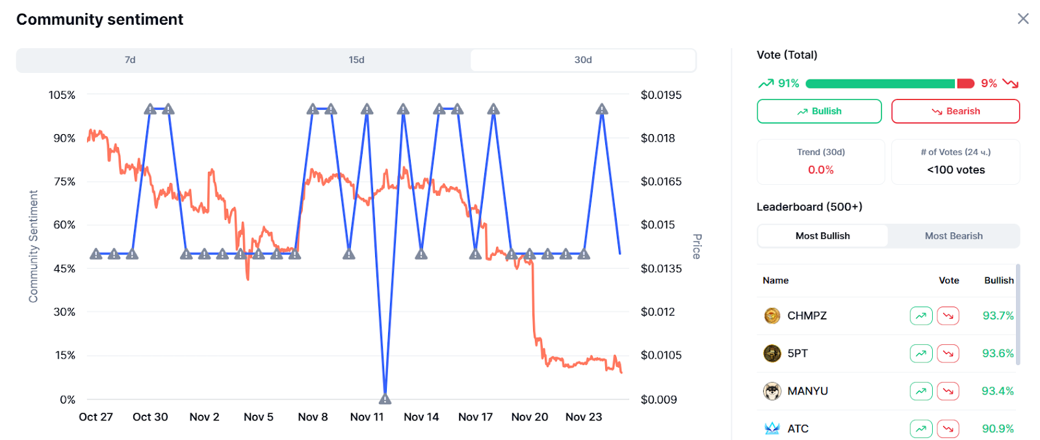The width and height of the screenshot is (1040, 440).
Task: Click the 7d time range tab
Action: click(130, 60)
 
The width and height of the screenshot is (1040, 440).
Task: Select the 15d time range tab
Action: click(356, 60)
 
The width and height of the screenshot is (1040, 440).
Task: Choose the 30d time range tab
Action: click(583, 60)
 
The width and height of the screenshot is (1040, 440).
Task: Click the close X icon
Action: click(1023, 19)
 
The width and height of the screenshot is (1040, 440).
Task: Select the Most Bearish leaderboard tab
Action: click(954, 236)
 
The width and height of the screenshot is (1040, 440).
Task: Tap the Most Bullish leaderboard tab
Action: click(822, 236)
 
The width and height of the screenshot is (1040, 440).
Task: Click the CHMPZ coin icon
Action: click(772, 316)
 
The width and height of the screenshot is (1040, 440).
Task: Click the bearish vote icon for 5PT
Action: click(948, 353)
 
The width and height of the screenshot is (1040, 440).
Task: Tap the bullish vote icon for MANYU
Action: click(921, 391)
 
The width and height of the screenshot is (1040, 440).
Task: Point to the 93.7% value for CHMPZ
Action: click(998, 316)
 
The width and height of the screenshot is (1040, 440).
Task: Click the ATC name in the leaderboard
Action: click(798, 429)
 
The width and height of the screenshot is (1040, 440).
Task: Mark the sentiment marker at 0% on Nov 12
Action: click(385, 398)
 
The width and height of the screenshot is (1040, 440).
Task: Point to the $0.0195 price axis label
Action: click(661, 95)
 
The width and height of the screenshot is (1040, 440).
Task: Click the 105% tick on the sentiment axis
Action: click(62, 95)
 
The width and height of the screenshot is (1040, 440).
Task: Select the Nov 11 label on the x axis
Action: click(367, 417)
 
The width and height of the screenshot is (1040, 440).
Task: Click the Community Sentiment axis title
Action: click(33, 246)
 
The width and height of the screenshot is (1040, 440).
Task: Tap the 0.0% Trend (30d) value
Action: click(820, 170)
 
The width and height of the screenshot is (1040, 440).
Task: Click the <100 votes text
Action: click(955, 170)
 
